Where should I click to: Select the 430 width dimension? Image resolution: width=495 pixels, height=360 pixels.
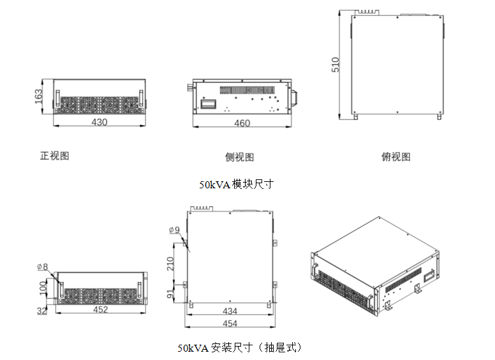coord(99,121)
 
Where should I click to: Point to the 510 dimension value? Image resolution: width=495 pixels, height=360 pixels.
coord(336,64)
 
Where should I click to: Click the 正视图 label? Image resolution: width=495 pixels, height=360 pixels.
coord(54,156)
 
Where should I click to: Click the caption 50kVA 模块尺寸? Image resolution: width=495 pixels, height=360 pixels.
coord(236,184)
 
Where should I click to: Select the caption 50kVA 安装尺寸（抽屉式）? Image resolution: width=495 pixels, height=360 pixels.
coord(239,349)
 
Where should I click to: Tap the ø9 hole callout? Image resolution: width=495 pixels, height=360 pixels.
coord(174,230)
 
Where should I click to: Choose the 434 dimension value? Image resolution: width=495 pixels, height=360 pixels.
coord(230,311)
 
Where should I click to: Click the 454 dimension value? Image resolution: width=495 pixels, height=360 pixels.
coord(230,324)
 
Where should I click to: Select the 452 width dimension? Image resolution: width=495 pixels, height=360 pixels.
coord(100,310)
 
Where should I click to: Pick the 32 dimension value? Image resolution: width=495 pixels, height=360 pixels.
coord(42,311)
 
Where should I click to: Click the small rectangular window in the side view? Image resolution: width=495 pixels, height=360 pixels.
coord(209,102)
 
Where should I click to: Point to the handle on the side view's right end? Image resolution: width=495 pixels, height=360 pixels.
coord(294,96)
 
